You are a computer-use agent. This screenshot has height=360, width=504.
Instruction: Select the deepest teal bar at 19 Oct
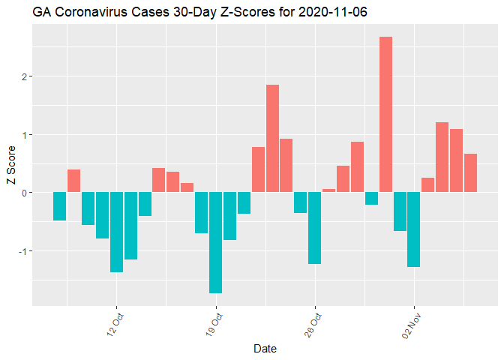(x=216, y=242)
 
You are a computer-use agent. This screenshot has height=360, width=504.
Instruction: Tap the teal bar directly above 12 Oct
(x=116, y=232)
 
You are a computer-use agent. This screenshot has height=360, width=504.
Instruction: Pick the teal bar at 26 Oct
(x=315, y=228)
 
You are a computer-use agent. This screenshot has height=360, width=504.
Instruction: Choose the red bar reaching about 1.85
(x=272, y=139)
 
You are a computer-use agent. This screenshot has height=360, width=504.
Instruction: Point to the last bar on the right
(x=470, y=173)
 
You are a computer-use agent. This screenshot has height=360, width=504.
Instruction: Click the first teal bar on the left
(x=60, y=206)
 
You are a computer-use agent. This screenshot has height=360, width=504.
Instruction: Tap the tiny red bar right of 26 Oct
(x=328, y=190)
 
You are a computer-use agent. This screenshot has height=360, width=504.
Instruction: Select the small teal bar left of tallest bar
(x=371, y=198)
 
